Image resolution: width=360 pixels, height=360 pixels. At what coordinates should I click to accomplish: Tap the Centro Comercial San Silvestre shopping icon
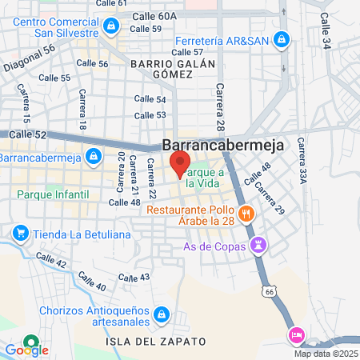click(110, 26)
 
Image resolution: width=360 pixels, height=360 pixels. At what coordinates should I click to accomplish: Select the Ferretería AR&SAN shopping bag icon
click(281, 38)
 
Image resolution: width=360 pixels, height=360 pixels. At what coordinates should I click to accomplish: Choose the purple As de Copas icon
click(258, 246)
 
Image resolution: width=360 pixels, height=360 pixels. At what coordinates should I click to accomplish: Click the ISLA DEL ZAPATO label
click(156, 342)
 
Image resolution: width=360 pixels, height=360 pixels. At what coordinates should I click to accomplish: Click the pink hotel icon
click(295, 334)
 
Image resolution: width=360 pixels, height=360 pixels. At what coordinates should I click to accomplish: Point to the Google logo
click(26, 350)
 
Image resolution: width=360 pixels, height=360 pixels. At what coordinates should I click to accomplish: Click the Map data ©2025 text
click(326, 354)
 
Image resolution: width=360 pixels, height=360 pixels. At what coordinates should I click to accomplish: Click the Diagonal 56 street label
click(28, 58)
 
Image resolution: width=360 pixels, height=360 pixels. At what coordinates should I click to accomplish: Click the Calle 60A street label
click(156, 16)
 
